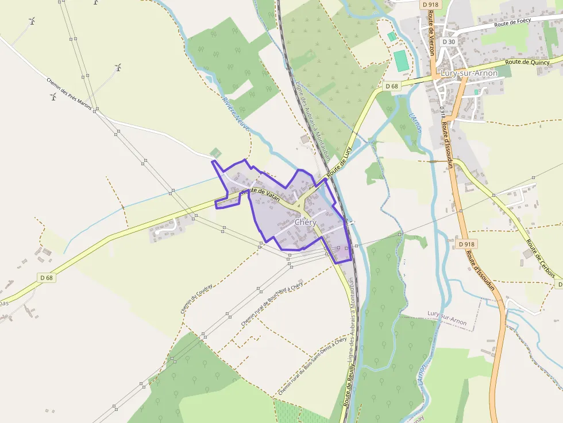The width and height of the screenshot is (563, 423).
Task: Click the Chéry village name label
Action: (x=305, y=222)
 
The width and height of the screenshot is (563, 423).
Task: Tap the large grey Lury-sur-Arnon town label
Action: (x=468, y=73)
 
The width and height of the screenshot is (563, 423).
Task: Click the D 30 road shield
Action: (x=449, y=42)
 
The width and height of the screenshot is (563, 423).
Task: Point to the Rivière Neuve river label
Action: (x=236, y=112)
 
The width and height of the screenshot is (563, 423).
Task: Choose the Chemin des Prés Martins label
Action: (x=69, y=92)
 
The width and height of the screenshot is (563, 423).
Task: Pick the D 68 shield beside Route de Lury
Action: (x=391, y=86)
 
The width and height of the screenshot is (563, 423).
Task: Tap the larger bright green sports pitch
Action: (x=400, y=61)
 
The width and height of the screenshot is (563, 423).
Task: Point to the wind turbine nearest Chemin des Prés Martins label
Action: (x=53, y=96)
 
